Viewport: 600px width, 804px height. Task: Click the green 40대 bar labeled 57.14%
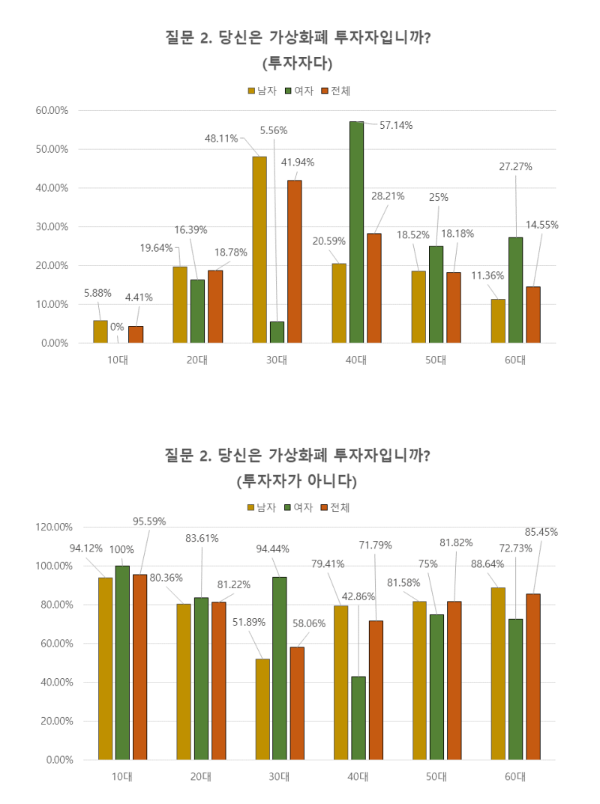click(356, 232)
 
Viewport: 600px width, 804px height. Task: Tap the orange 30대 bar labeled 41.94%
click(294, 262)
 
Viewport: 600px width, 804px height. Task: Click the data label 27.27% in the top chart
click(515, 167)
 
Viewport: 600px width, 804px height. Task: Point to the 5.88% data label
click(97, 293)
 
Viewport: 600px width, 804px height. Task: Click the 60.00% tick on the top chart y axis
click(52, 110)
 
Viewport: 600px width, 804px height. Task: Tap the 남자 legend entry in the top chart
click(262, 91)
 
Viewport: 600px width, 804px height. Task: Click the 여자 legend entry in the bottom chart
click(298, 507)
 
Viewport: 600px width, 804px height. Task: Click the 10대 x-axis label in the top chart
click(118, 360)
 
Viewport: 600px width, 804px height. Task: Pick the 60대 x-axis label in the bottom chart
click(514, 776)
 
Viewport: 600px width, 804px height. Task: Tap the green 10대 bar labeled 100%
click(122, 662)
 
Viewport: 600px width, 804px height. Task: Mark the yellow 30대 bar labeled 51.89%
click(262, 709)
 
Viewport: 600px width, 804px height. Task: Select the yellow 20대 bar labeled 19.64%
click(180, 304)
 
